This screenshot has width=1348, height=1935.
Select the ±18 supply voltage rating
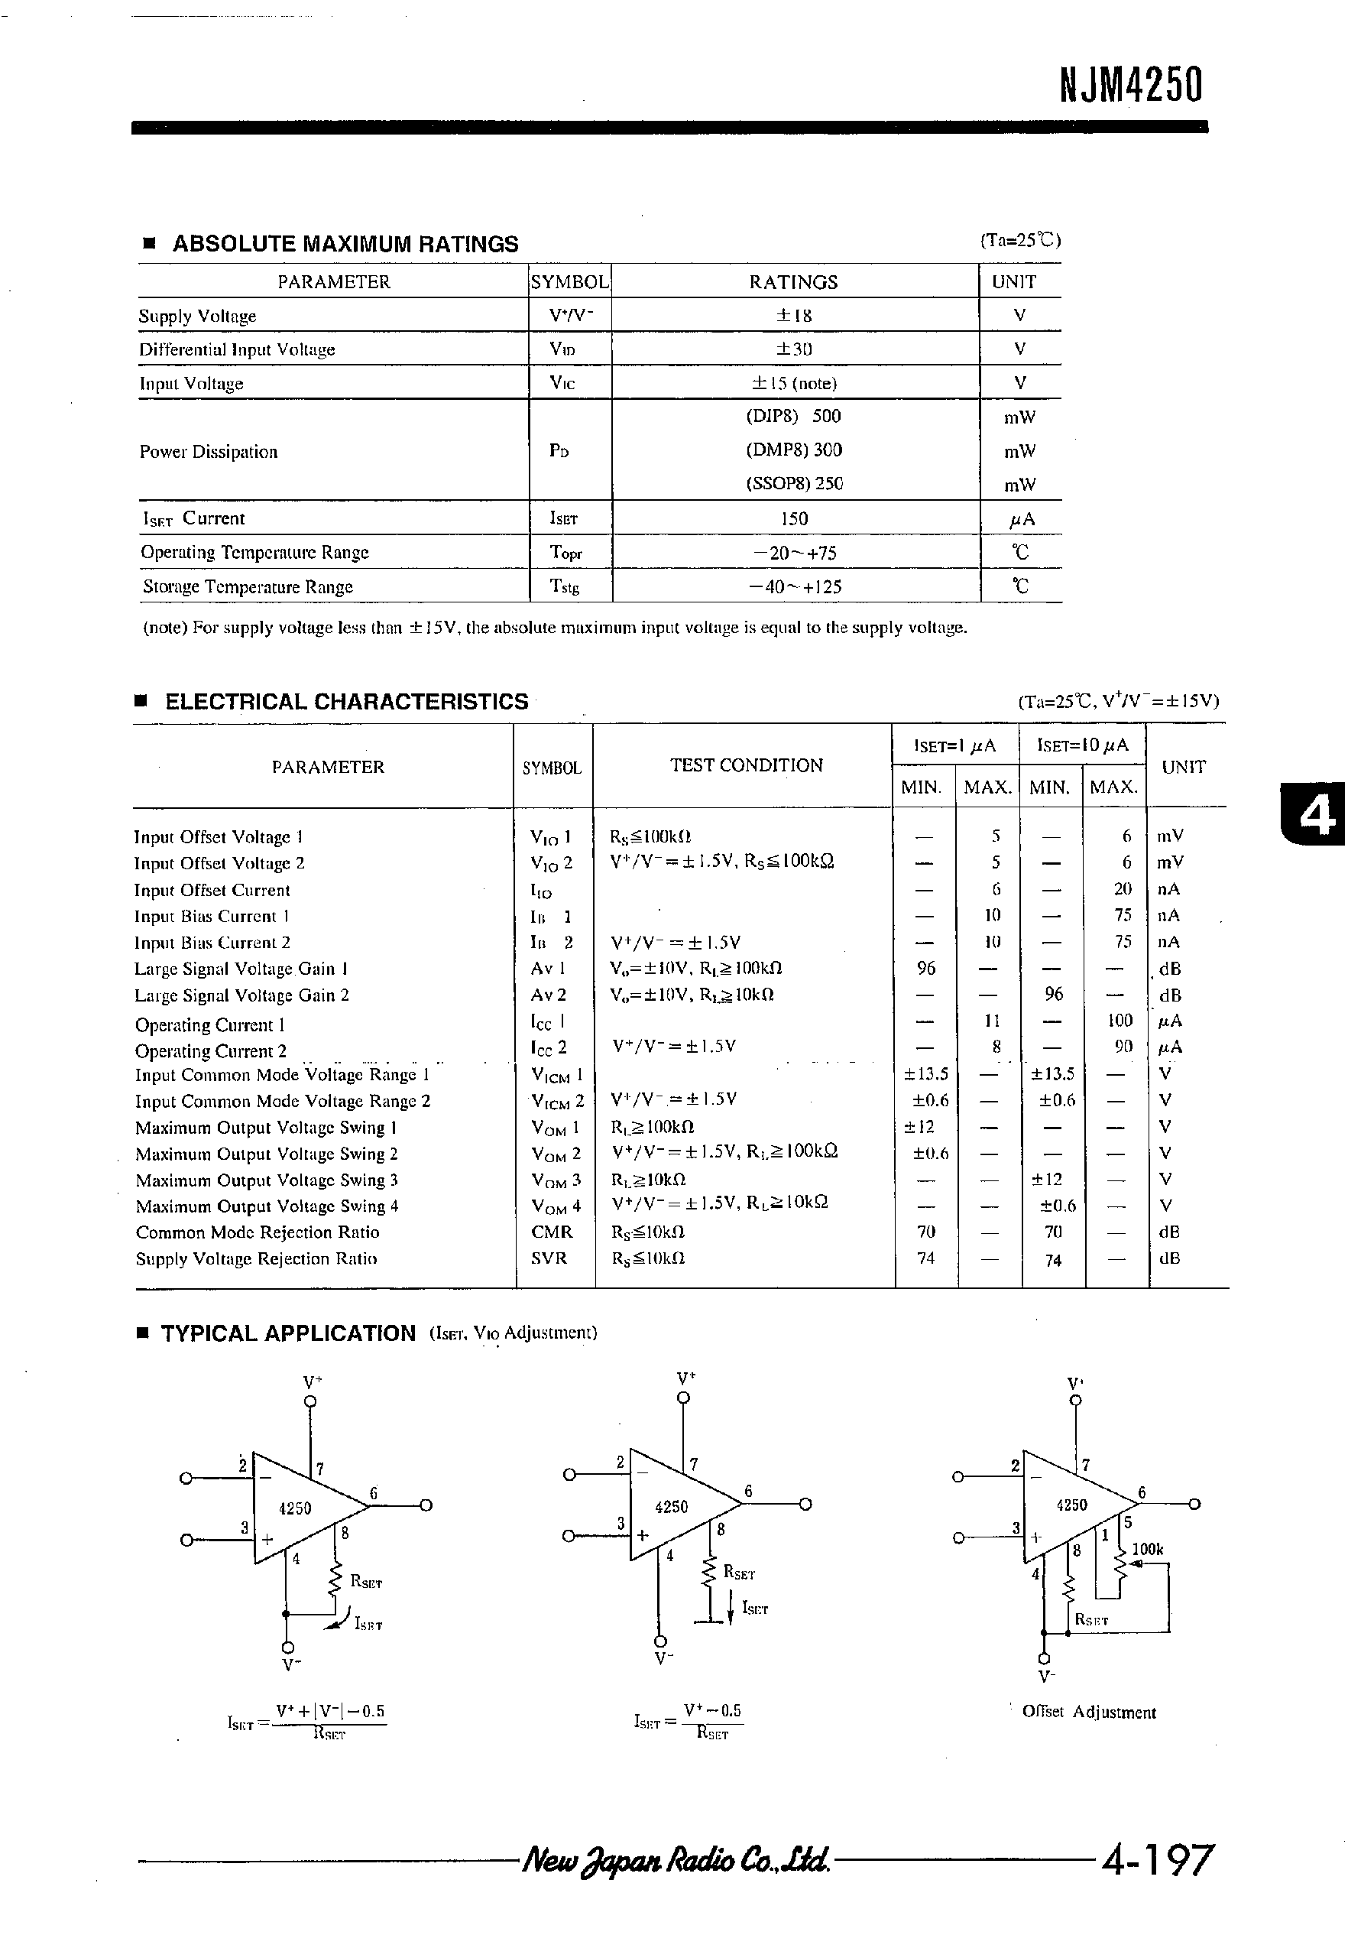tap(794, 315)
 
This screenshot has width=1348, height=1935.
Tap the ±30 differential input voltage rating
tap(794, 349)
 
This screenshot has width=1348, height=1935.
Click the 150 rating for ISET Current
tap(794, 518)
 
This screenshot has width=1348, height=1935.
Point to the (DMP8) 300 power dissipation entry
tap(794, 450)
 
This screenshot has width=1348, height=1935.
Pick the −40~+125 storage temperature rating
tap(795, 586)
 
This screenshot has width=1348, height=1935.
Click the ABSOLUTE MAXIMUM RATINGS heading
tap(345, 245)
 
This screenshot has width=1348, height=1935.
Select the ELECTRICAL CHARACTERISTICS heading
tap(346, 701)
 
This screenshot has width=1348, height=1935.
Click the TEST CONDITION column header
tap(746, 765)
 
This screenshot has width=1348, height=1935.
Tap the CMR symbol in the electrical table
tap(552, 1232)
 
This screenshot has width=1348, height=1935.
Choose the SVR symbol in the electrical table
tap(549, 1258)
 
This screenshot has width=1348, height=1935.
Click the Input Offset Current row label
tap(212, 890)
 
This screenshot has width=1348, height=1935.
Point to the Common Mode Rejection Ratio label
tap(257, 1232)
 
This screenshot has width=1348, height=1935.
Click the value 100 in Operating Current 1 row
tap(1120, 1021)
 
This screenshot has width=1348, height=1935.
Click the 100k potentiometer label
tap(1147, 1549)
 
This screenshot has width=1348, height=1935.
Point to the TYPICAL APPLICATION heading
tap(288, 1333)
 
